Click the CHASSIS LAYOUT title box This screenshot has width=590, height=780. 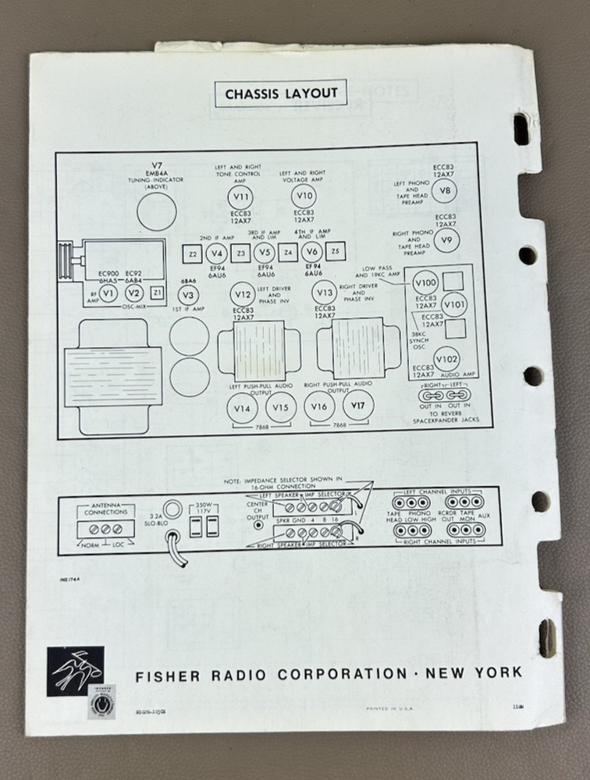pos(281,94)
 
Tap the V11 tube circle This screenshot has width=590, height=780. pos(241,196)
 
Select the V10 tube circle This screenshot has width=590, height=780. pos(304,196)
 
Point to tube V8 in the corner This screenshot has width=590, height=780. pos(445,191)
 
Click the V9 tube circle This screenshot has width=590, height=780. pos(446,239)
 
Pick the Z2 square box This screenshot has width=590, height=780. pos(192,253)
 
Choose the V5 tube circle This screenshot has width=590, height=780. pos(264,253)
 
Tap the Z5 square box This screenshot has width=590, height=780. pos(336,253)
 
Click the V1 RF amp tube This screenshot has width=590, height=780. pos(109,292)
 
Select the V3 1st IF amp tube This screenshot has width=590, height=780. pos(186,295)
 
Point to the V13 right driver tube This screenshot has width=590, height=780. pos(324,292)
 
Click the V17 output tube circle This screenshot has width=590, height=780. pos(358,405)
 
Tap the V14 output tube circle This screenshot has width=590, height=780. pos(242,407)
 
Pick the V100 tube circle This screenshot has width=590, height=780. pos(426,282)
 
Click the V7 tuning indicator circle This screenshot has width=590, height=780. pos(156,211)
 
